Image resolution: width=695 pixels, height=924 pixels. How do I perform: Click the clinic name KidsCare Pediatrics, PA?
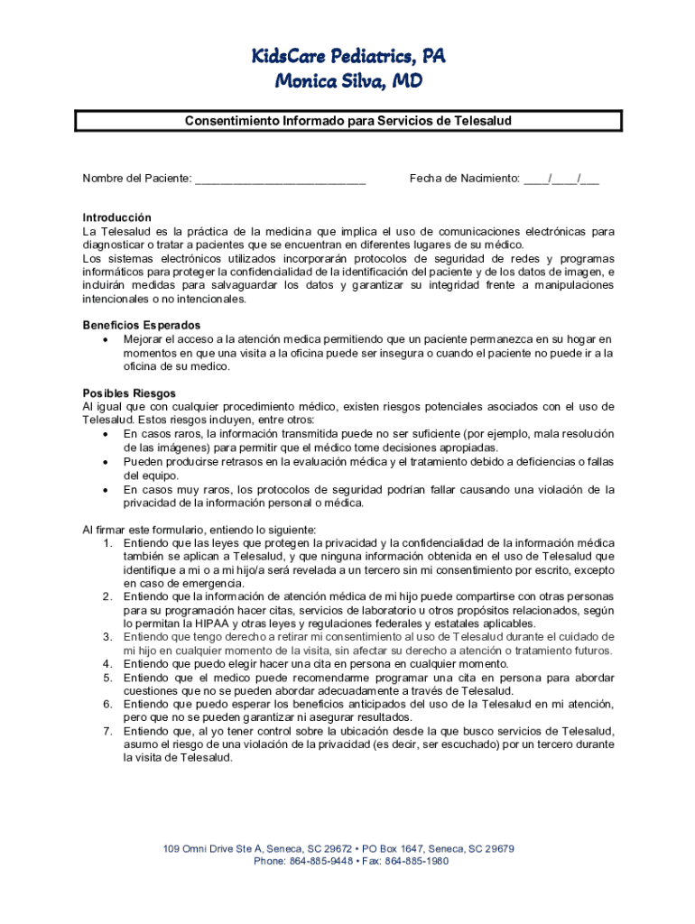click(x=347, y=58)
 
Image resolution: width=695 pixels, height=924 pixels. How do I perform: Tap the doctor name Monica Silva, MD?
click(x=347, y=82)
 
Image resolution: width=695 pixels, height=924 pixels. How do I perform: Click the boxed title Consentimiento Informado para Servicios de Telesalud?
click(x=348, y=120)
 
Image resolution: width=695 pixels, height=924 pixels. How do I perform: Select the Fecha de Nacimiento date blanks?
click(x=561, y=179)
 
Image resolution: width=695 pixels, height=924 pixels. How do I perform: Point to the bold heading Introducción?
click(x=117, y=218)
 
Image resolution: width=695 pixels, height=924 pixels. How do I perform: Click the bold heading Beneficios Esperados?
click(x=142, y=325)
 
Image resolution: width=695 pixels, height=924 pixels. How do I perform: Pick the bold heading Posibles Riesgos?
click(x=129, y=393)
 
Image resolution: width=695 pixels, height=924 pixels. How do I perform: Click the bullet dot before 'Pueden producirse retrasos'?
click(x=107, y=462)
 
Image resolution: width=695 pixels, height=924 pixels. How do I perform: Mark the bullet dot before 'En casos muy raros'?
click(x=107, y=490)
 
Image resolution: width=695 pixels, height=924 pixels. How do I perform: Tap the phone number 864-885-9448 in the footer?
click(x=320, y=861)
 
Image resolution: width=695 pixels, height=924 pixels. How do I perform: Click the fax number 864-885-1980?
click(x=418, y=861)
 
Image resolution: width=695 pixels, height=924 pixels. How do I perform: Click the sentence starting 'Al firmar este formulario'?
click(x=199, y=530)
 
